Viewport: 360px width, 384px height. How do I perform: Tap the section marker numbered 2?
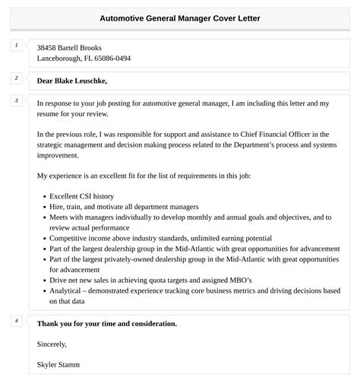[16, 78]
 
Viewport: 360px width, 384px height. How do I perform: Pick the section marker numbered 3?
[16, 100]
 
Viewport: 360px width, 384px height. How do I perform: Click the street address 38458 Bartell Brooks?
[69, 47]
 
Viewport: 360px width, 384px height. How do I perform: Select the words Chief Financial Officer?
[275, 134]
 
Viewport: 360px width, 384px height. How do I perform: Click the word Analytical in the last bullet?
[67, 290]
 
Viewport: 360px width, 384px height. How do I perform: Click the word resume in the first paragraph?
[49, 113]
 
